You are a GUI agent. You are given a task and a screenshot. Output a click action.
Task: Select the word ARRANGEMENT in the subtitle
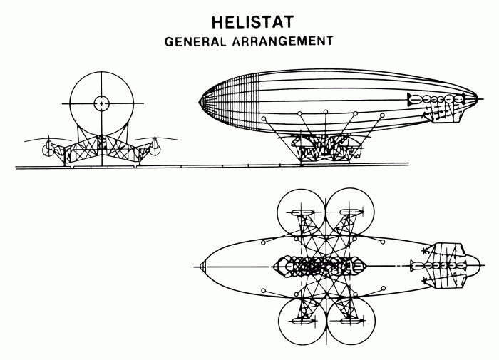click(x=283, y=41)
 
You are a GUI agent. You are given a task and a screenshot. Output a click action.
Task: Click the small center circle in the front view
click(x=101, y=103)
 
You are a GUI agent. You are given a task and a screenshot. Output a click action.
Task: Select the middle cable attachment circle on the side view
click(x=325, y=112)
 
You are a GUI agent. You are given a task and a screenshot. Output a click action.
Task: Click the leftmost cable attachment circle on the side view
click(x=264, y=118)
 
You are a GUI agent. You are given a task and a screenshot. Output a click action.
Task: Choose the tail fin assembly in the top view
click(x=446, y=267)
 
